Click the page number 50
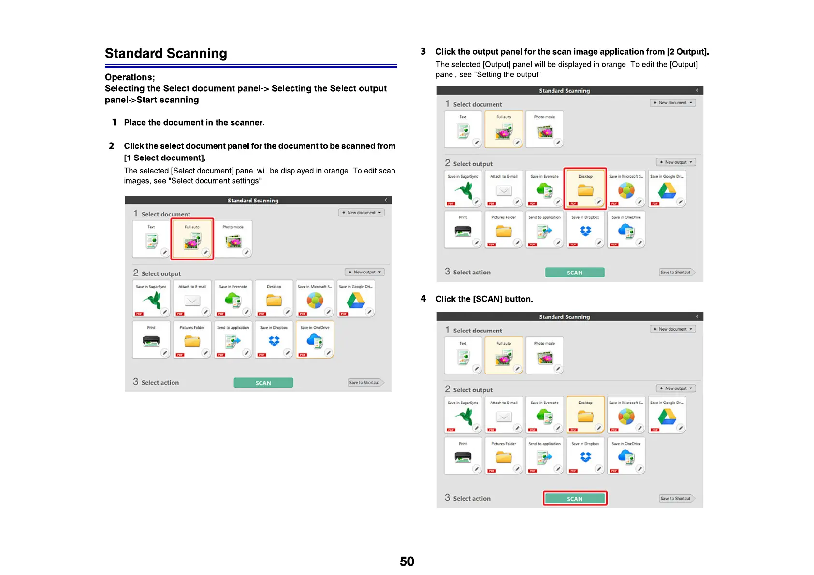point(407,561)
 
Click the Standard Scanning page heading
point(166,53)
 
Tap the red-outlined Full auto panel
point(192,239)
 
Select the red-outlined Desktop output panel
point(585,188)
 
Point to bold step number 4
point(423,299)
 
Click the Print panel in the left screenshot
point(151,339)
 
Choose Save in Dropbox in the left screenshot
point(274,339)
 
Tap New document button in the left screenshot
point(361,213)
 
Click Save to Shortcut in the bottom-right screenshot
point(676,498)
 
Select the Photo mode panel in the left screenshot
point(233,239)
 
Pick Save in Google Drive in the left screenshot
point(356,299)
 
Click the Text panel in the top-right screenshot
point(463,129)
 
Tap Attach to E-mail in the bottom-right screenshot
point(504,415)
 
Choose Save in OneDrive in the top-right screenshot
point(626,230)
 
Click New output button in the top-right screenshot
point(676,162)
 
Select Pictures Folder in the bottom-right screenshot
point(504,456)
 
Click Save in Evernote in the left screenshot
point(233,299)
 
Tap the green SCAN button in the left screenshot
point(263,383)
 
